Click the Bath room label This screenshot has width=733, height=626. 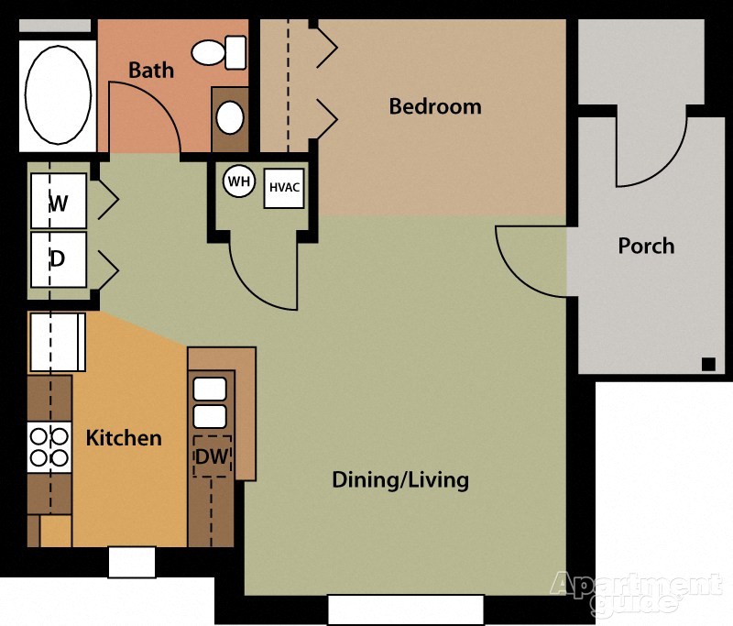151,70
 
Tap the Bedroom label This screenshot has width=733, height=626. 435,106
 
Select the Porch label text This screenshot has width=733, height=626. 646,246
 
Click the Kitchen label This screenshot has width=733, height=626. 124,438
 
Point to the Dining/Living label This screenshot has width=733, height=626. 400,479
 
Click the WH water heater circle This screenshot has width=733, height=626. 239,181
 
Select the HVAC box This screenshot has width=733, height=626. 284,188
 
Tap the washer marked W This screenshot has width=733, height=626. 59,201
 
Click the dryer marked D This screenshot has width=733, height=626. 59,258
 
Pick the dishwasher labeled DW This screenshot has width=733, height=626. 212,456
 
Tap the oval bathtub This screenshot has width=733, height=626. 58,92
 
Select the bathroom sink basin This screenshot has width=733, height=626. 230,117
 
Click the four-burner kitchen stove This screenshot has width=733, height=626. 49,446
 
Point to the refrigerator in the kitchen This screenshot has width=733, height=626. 56,342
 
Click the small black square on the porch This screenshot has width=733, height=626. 708,364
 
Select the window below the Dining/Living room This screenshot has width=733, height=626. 406,610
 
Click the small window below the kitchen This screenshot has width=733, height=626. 132,562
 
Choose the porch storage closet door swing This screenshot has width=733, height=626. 651,151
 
